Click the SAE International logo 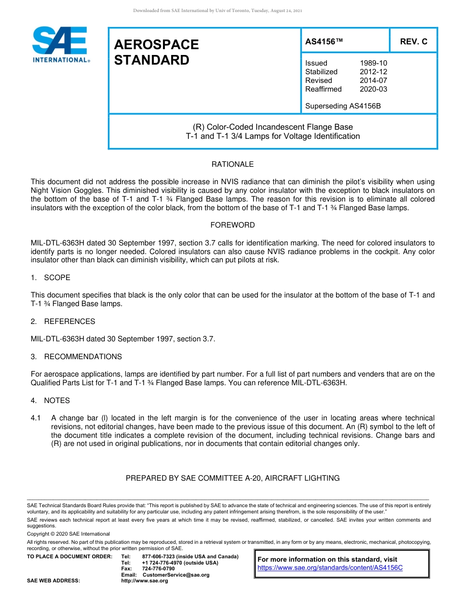60,44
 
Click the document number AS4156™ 324,42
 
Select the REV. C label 413,42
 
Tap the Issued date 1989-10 373,63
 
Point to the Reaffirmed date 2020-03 373,89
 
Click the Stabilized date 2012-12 373,72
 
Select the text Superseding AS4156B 343,106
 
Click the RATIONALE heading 232,164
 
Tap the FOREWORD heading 232,225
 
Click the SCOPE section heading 57,278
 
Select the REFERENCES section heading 69,322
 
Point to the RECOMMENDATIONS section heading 83,357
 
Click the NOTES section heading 57,401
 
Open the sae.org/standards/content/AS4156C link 330,568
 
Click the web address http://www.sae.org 145,581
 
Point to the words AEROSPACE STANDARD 156,52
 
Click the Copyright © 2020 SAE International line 68,534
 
